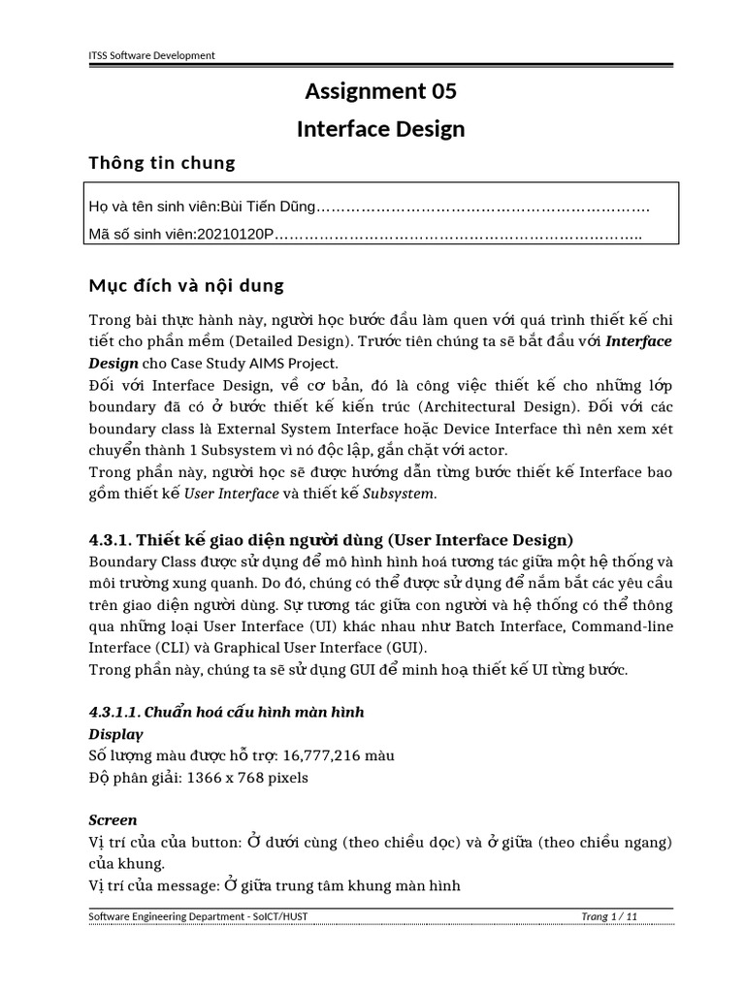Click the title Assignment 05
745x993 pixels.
[380, 92]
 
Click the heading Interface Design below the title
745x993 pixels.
[380, 129]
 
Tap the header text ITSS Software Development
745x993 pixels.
[151, 55]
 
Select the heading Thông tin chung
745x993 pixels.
[162, 162]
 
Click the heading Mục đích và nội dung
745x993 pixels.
[186, 286]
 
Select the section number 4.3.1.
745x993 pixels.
[111, 540]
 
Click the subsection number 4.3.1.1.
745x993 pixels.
[114, 712]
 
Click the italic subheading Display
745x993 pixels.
[115, 733]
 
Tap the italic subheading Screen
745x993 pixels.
[113, 819]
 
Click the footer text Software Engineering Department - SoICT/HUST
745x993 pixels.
[199, 916]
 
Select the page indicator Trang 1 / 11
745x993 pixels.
[609, 916]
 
